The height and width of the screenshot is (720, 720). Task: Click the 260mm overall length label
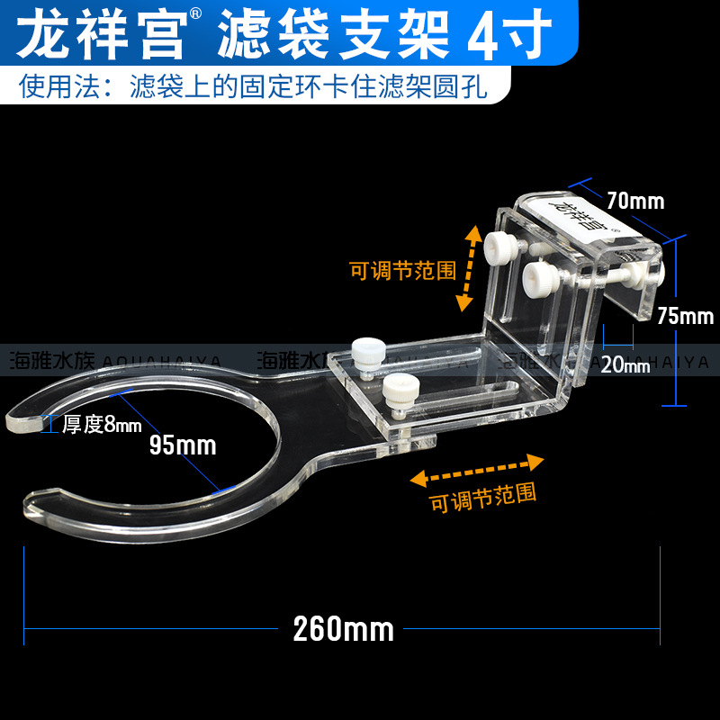pos(343,629)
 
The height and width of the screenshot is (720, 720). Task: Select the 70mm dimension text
pos(635,200)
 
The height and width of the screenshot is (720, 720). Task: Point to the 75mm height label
pos(685,316)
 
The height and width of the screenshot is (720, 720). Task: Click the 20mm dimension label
pos(625,364)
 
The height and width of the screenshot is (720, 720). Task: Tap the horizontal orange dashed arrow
pos(478,469)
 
